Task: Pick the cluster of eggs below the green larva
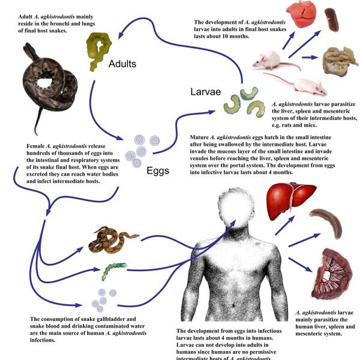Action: click(x=105, y=297)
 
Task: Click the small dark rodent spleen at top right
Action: click(x=332, y=19)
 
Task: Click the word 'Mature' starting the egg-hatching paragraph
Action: click(x=201, y=137)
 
